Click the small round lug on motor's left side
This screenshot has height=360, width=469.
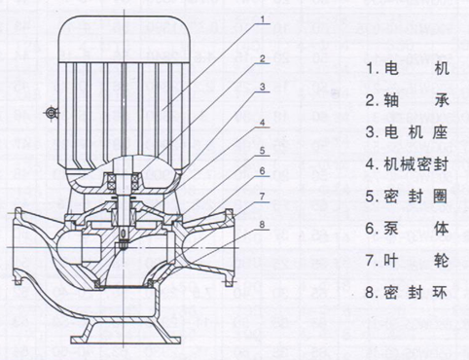point(50,115)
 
